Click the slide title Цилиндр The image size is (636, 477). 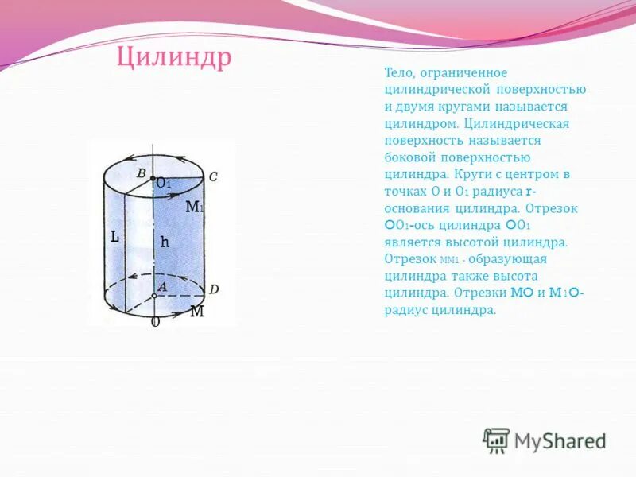coord(174,58)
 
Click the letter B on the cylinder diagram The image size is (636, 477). coord(141,173)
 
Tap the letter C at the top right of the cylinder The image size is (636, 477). coord(213,176)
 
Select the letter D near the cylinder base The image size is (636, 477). coord(213,288)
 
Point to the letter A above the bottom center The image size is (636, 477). coord(161,286)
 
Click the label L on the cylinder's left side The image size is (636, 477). coord(114,236)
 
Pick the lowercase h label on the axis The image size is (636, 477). coord(165,242)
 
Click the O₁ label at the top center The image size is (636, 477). coord(164,184)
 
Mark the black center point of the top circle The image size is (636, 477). coord(153,179)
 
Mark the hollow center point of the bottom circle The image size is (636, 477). coord(154,296)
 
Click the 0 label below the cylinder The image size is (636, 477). coord(155,322)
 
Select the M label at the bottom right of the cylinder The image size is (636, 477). coord(196,312)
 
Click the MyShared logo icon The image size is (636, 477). coord(496,440)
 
